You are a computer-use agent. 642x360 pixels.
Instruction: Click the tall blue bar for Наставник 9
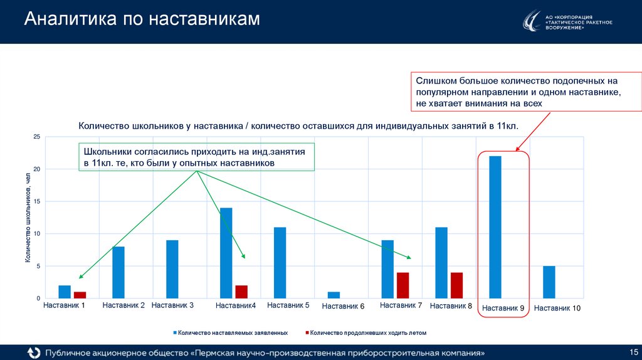[x=495, y=227]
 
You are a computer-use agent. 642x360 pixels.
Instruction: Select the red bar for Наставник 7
[x=403, y=285]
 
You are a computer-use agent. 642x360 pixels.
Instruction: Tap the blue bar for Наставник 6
[x=333, y=295]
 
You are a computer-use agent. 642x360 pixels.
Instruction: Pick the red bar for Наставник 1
[x=80, y=295]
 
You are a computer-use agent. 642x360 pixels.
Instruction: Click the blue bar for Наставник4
[x=226, y=253]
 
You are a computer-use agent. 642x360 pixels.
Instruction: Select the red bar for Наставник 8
[x=456, y=285]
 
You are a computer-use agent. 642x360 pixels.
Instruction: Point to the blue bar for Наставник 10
[x=549, y=282]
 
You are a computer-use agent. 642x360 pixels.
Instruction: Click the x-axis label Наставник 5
[x=288, y=305]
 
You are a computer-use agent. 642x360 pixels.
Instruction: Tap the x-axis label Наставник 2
[x=124, y=305]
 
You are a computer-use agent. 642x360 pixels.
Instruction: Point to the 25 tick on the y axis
[x=36, y=137]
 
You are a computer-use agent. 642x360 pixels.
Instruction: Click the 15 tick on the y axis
[x=36, y=201]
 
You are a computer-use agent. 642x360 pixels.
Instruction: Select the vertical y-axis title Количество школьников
[x=28, y=217]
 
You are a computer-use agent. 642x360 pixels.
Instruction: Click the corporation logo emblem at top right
[x=532, y=22]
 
